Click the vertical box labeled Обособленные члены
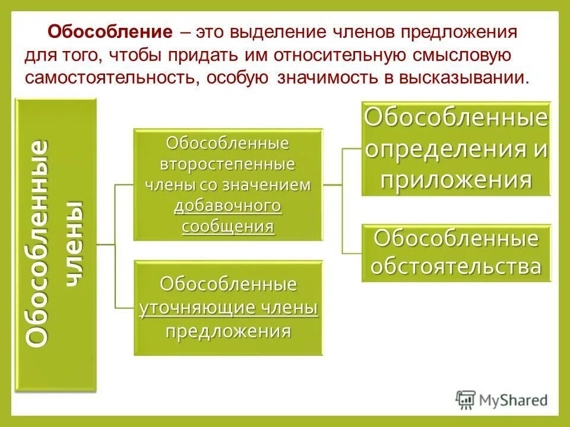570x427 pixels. (56, 245)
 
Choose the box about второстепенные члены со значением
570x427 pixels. (228, 184)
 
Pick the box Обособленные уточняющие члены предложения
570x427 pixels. (228, 308)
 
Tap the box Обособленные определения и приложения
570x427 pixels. (455, 149)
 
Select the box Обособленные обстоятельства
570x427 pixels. (455, 253)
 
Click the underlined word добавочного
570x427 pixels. (228, 206)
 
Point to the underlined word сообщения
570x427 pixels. (228, 227)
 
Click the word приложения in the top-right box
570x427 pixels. (455, 179)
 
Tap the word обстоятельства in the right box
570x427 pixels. (455, 266)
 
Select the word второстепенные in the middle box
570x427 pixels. (228, 164)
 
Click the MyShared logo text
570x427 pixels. (514, 399)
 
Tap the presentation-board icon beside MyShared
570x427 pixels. (466, 399)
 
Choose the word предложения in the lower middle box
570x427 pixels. (228, 331)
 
